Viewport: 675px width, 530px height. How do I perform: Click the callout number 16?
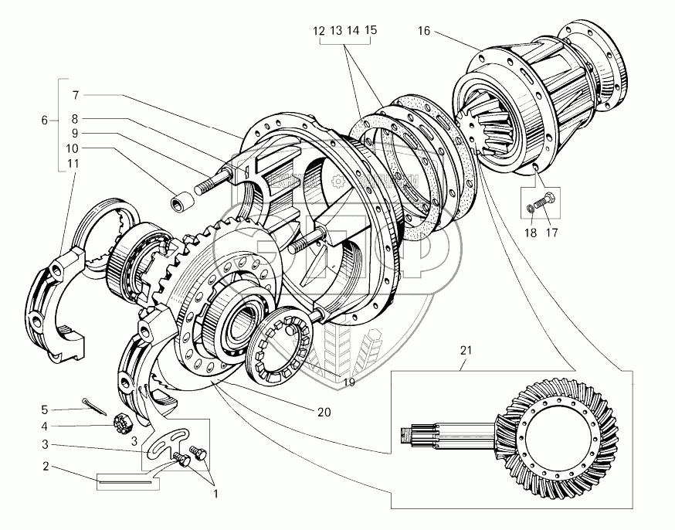click(423, 32)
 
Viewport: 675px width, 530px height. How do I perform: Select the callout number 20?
click(323, 412)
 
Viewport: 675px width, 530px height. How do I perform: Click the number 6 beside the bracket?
click(45, 120)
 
